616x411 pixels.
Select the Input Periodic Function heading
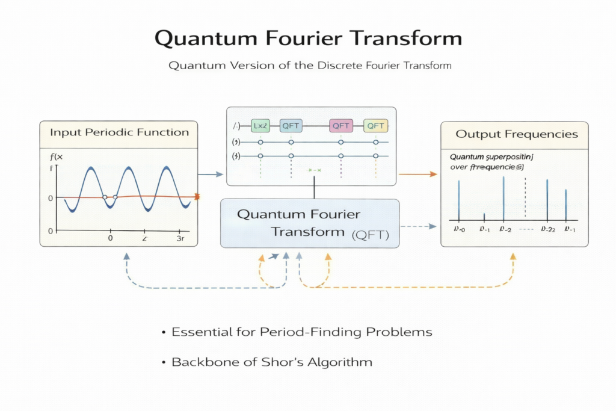(119, 132)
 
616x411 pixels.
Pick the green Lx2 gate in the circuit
(261, 125)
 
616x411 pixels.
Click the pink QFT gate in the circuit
(340, 125)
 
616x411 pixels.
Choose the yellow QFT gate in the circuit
(375, 125)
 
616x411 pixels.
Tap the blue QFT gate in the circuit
(291, 125)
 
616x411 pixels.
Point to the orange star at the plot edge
(197, 197)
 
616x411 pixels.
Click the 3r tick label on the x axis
(180, 238)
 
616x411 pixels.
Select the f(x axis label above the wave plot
(56, 158)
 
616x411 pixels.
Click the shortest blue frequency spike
(484, 217)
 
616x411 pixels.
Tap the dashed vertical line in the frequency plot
(525, 199)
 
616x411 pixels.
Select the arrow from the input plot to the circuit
(211, 175)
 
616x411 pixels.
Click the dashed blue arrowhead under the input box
(126, 256)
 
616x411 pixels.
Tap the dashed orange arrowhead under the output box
(513, 256)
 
